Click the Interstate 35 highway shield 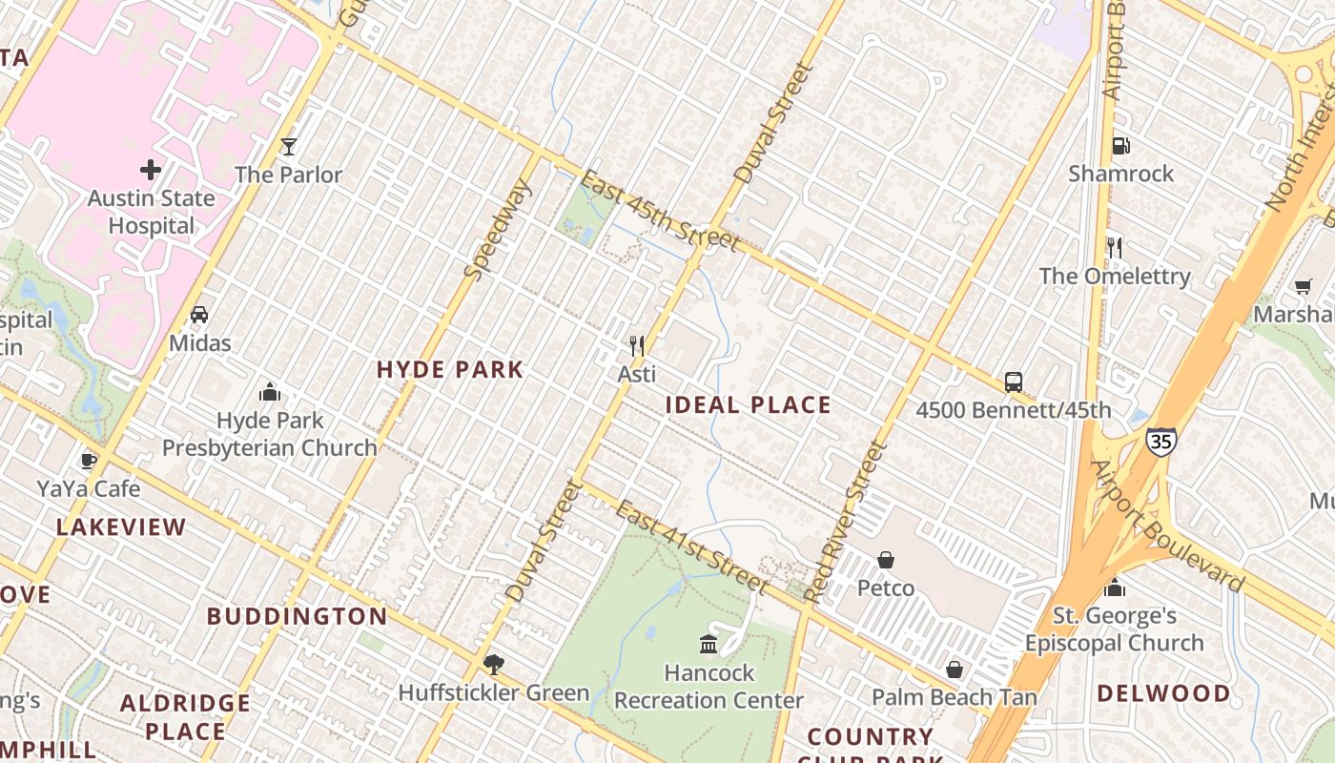1160,441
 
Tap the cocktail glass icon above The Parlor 289,146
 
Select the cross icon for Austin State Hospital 151,170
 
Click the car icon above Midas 199,314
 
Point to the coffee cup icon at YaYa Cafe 89,461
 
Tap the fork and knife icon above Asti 637,345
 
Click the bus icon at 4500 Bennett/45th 1014,381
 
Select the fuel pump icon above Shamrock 1121,146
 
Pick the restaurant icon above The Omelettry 1114,248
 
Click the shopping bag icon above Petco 886,559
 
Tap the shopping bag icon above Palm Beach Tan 955,670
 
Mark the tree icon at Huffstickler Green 493,664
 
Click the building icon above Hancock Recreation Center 709,644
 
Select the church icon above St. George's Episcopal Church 1115,587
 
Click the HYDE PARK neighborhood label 450,370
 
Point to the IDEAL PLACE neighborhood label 749,405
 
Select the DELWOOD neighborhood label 1163,693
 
